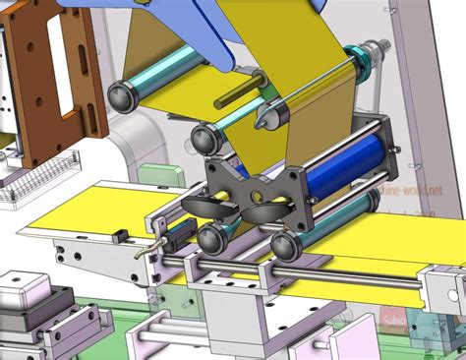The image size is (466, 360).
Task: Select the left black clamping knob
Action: tap(202, 206)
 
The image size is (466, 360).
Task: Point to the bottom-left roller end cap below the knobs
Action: tap(210, 237)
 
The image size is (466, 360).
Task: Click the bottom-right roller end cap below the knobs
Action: tap(285, 246)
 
